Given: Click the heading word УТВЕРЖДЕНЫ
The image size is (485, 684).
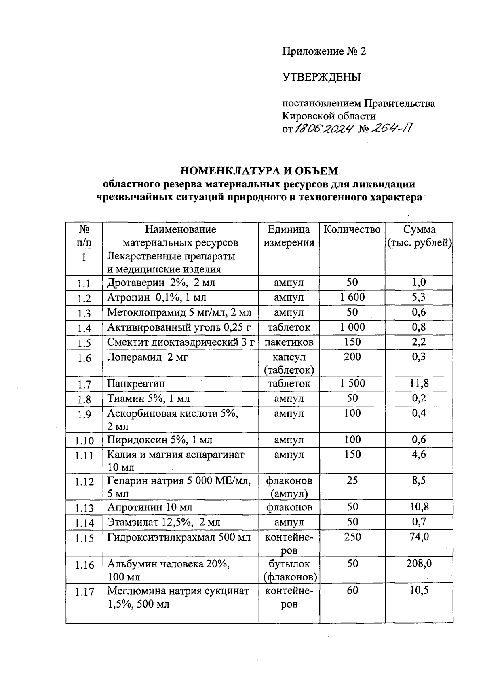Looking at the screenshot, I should (322, 77).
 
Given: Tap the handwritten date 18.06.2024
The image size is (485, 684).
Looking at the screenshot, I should (325, 129).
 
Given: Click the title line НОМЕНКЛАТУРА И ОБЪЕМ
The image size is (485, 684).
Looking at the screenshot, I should (259, 171).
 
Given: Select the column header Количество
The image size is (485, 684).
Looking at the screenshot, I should (352, 230).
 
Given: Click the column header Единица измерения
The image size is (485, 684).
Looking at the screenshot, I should (289, 236).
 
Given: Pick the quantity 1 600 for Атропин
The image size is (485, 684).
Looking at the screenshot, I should (352, 297).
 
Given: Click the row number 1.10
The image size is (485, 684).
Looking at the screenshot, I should (84, 441).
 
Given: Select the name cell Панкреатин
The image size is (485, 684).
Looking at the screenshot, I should (136, 384).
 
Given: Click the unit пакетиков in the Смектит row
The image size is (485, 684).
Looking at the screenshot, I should (289, 342).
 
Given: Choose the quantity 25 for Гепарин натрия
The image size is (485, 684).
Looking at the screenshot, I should (352, 480).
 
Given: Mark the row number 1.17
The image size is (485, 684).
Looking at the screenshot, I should (84, 592).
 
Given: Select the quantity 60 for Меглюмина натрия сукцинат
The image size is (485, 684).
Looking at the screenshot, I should (352, 591).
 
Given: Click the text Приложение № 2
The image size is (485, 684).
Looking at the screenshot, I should (324, 51).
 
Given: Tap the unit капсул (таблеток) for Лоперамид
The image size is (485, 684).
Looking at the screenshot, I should (289, 363).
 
